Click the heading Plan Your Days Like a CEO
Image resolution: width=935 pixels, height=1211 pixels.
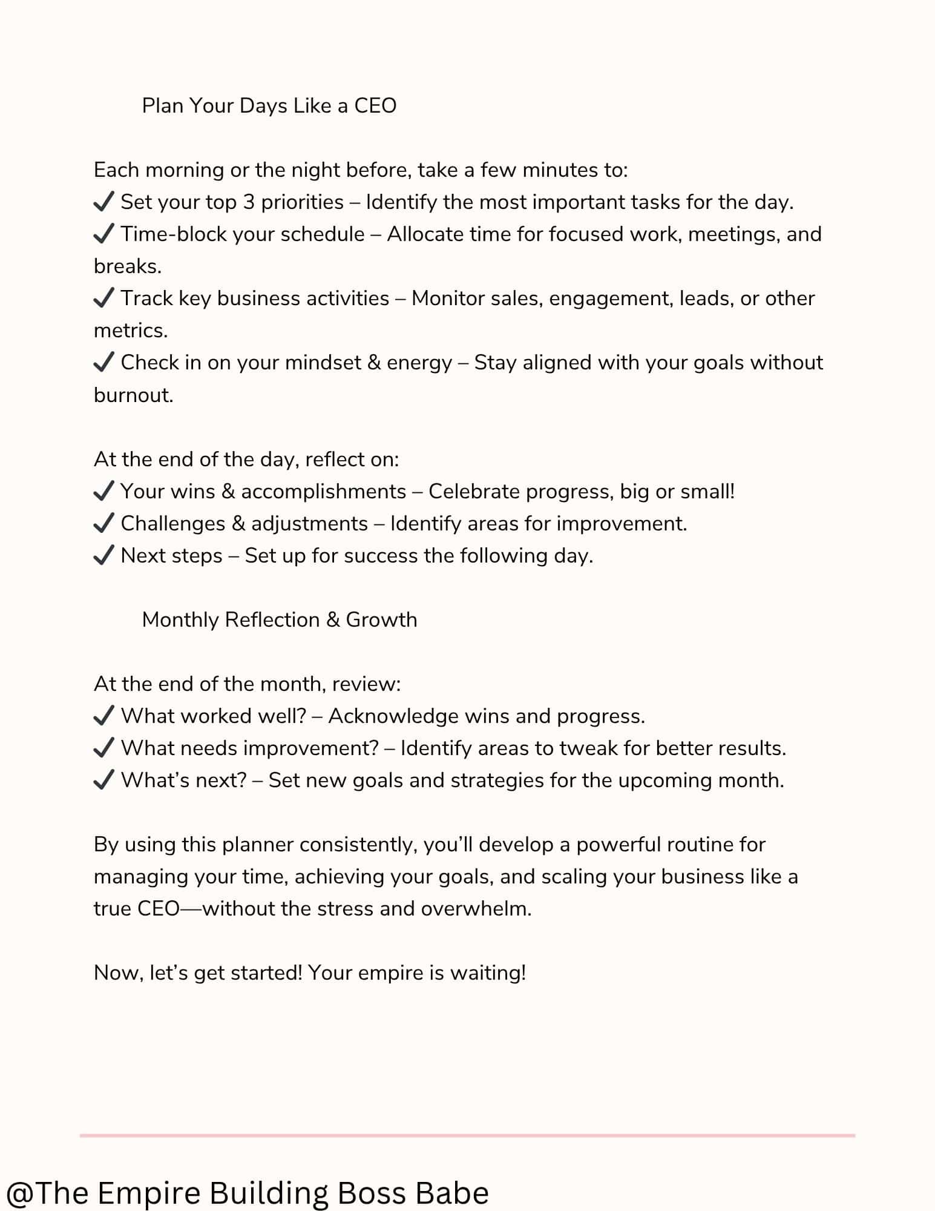(x=269, y=106)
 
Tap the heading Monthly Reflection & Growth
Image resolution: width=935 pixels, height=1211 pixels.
(x=279, y=620)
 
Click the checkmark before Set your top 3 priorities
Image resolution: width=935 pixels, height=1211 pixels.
(x=104, y=202)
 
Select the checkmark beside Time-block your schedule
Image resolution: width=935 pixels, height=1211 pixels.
(x=104, y=234)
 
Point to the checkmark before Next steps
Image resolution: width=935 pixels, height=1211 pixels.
(x=104, y=555)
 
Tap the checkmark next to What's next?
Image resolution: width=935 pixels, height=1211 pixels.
(x=104, y=780)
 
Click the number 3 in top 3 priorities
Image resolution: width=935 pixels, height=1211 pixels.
(x=248, y=202)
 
